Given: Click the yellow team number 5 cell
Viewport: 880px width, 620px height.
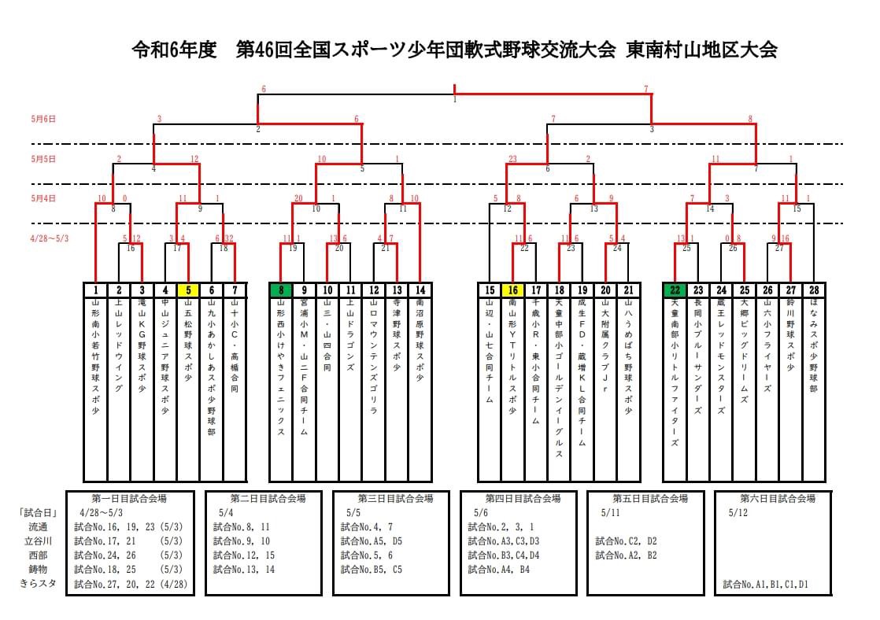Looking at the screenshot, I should (188, 290).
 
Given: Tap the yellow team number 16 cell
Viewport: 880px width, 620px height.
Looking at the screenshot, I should (512, 290).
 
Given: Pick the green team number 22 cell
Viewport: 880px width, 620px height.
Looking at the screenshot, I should (675, 290).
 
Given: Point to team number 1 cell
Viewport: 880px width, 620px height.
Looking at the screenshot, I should (95, 290).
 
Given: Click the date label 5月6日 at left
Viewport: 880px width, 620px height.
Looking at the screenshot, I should (43, 119).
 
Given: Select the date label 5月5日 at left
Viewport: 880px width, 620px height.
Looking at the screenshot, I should (43, 158).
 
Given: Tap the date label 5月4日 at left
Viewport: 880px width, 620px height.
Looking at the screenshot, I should (43, 198).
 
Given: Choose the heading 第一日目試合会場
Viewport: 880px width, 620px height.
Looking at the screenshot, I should (129, 498).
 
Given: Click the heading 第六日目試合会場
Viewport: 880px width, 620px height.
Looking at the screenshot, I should (777, 498).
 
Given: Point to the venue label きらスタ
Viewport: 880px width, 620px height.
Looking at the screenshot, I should (38, 584).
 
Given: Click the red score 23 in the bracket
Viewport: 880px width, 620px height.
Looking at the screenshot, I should (512, 159).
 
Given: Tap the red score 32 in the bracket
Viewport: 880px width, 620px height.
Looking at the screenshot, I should (229, 238).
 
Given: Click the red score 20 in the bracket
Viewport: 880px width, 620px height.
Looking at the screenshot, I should (298, 198).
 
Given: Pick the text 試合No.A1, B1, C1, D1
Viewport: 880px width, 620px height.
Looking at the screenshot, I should (766, 585).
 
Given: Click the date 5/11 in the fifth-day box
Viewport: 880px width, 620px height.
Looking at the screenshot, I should (610, 512).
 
